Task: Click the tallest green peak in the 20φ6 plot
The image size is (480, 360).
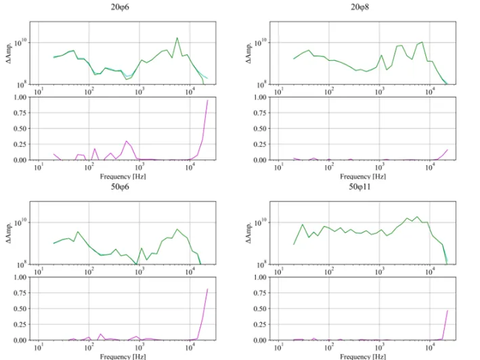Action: click(177, 38)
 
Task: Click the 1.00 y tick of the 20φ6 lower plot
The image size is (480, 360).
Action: click(19, 97)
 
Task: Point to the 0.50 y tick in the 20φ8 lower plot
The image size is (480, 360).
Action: click(259, 129)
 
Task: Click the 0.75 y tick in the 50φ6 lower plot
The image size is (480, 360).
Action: click(19, 292)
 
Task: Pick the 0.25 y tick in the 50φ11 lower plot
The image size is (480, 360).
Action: click(259, 324)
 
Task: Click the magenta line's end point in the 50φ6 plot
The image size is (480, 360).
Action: click(207, 290)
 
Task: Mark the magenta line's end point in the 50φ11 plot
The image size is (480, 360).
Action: click(448, 311)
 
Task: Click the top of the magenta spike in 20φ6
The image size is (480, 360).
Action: click(207, 100)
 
